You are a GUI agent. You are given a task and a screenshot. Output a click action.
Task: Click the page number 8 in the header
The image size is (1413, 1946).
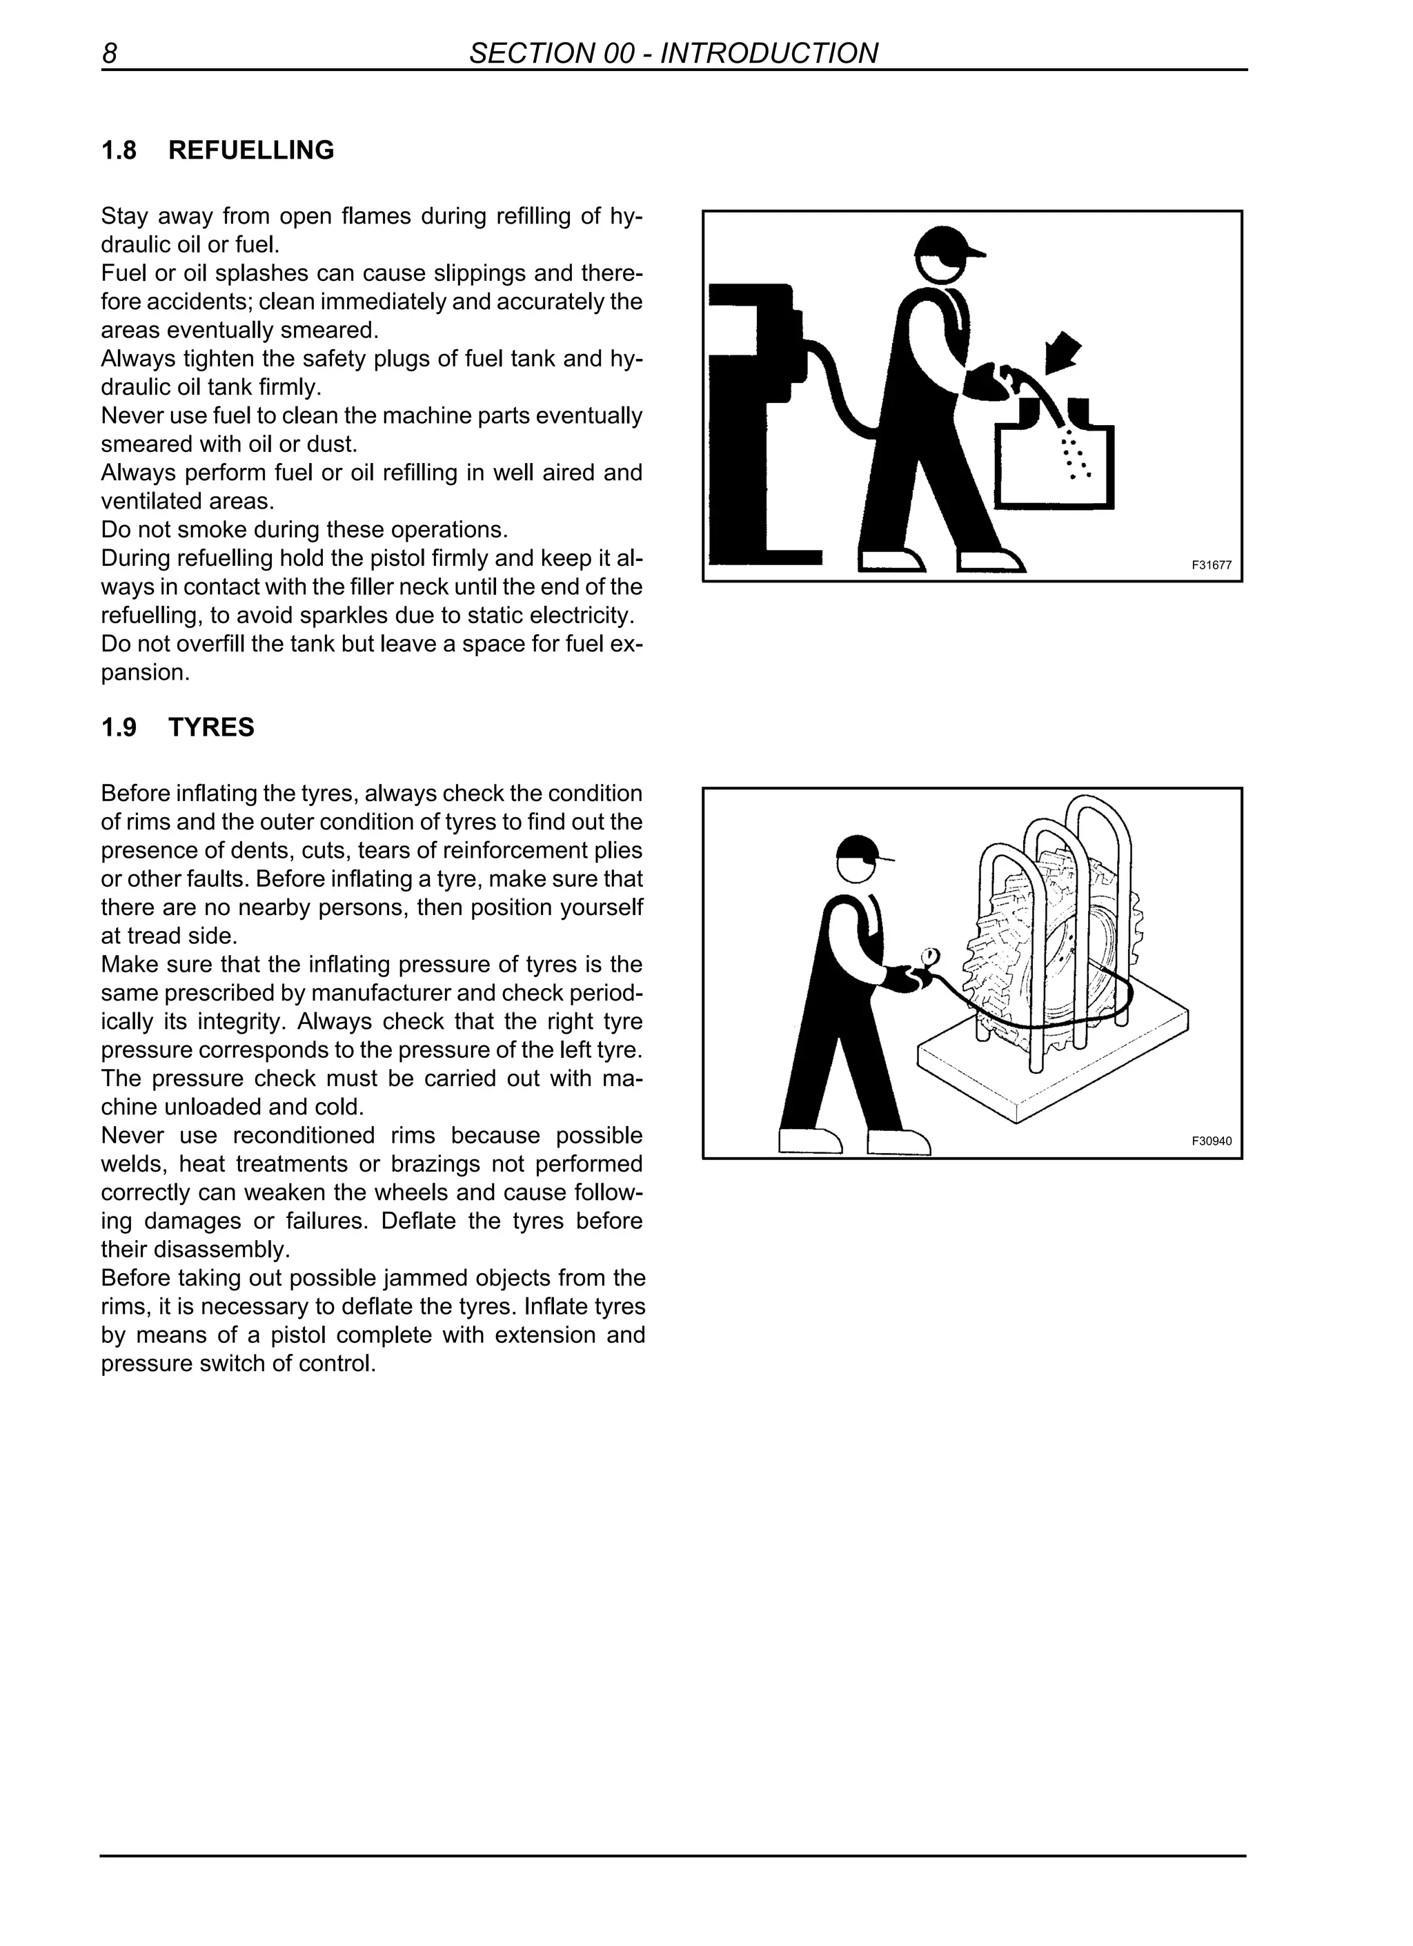(x=109, y=53)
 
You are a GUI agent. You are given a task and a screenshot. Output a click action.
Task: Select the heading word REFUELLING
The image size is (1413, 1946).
(x=250, y=150)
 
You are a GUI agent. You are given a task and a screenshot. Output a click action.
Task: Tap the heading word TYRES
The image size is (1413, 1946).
(x=211, y=727)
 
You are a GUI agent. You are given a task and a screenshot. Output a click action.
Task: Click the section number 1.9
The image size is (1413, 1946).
(x=119, y=727)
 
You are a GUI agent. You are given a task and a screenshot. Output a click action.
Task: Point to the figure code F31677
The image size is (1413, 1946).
(x=1211, y=565)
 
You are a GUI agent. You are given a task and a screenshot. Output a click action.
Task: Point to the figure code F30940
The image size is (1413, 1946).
(x=1211, y=1141)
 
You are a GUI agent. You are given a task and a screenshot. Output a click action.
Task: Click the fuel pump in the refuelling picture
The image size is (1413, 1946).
(x=755, y=412)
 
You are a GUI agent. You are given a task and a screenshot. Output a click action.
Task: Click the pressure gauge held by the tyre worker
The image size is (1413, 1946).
(x=929, y=956)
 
